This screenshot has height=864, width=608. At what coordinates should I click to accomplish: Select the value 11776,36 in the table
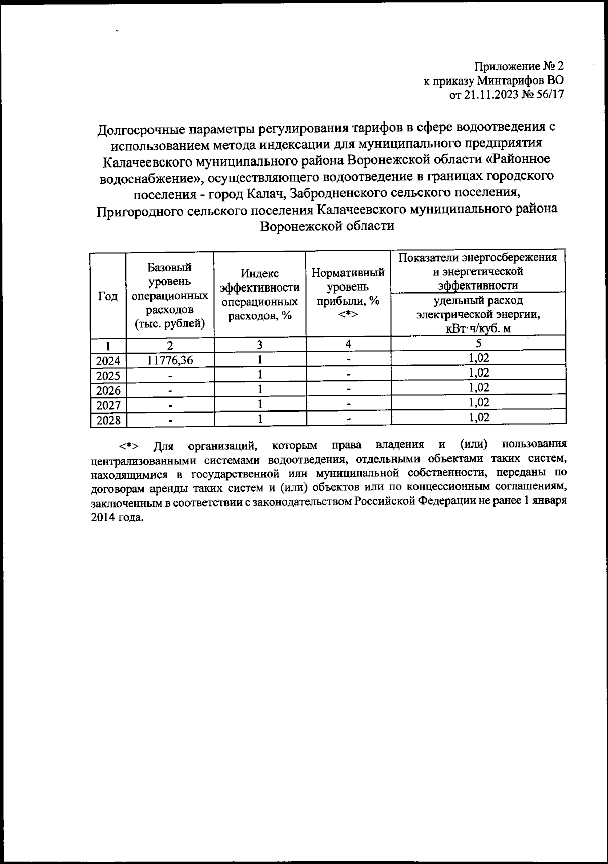tap(169, 360)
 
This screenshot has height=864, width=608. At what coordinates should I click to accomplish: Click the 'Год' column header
tap(107, 297)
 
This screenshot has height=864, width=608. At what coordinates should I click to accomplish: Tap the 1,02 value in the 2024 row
tap(478, 358)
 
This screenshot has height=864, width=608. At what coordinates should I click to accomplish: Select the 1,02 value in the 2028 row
tap(478, 417)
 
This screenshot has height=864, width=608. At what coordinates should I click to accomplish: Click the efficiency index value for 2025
tap(259, 375)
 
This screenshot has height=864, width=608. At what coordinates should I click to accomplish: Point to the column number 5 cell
tap(478, 343)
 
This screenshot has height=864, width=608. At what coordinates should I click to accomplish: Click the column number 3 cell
tap(259, 345)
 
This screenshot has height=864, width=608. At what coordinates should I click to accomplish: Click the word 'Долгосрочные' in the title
tap(140, 128)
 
